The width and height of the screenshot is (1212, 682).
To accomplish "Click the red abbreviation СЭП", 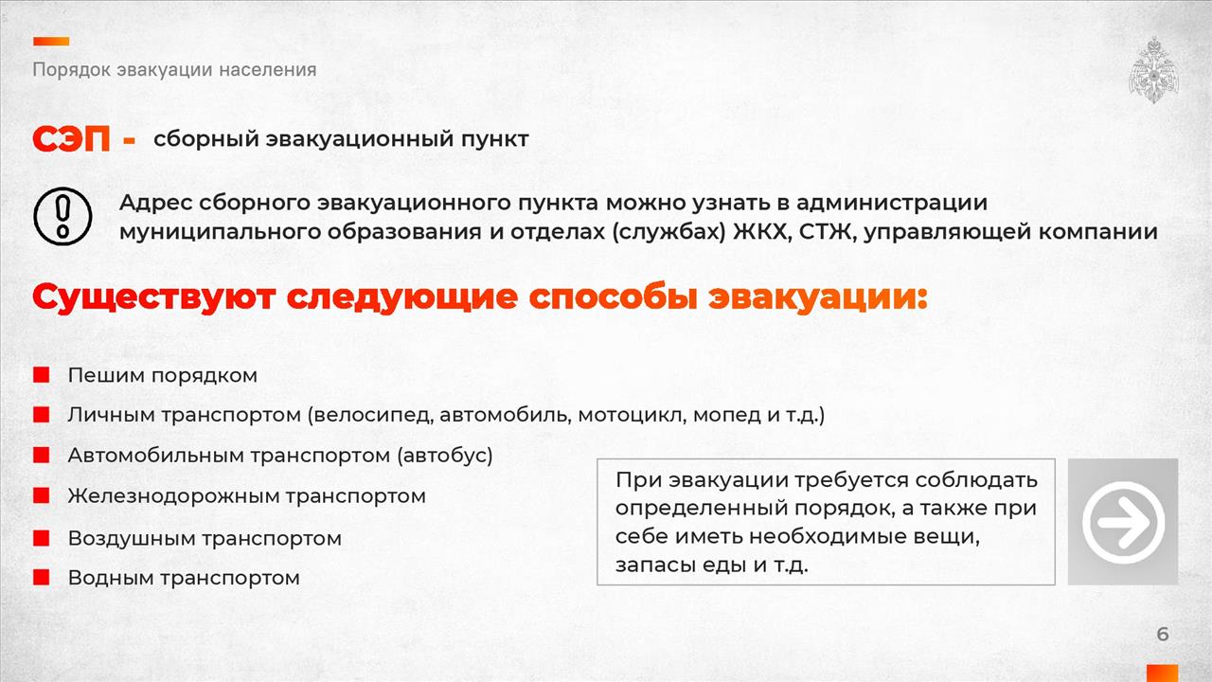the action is pyautogui.click(x=71, y=139).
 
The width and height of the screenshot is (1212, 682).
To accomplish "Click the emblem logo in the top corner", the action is pyautogui.click(x=1153, y=70).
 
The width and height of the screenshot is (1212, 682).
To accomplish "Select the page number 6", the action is pyautogui.click(x=1163, y=634).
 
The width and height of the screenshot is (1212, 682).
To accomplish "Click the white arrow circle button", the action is pyautogui.click(x=1123, y=522).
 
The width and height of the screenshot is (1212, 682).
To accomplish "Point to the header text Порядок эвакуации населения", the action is pyautogui.click(x=174, y=70).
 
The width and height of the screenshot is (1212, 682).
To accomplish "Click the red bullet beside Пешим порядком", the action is pyautogui.click(x=41, y=375).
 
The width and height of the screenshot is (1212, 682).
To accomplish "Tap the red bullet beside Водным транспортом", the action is pyautogui.click(x=41, y=577).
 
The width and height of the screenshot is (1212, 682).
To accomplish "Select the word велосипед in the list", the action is pyautogui.click(x=373, y=415).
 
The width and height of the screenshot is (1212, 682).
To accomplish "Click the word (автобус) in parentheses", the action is pyautogui.click(x=445, y=456).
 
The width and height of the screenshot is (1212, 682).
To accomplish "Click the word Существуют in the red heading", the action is pyautogui.click(x=154, y=297).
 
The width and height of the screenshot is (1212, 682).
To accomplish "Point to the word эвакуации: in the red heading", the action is pyautogui.click(x=818, y=297).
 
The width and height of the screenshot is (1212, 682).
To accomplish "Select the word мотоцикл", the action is pyautogui.click(x=632, y=415).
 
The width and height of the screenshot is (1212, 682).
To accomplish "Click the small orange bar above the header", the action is pyautogui.click(x=51, y=41).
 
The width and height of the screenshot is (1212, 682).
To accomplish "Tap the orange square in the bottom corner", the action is pyautogui.click(x=1162, y=673).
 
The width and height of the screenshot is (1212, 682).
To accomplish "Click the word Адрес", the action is pyautogui.click(x=155, y=204).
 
